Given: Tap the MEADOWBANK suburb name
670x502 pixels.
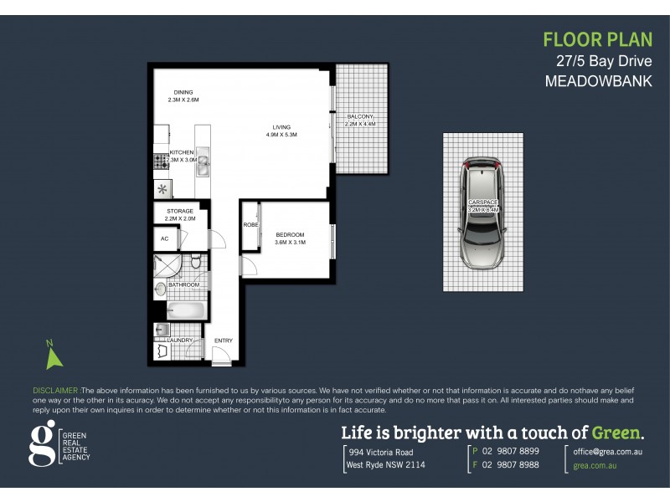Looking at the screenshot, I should pos(598,82).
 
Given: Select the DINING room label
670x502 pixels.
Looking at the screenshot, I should pos(183,92).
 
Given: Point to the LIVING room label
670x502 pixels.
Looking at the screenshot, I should pos(281,127).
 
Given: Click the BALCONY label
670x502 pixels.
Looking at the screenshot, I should pos(360,117).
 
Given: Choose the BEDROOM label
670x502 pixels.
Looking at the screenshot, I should pos(290,235).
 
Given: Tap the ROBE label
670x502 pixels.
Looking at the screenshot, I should pos(250,225).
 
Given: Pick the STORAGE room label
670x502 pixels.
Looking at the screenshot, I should pos(180,211).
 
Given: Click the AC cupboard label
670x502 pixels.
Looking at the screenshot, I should pos(164,238).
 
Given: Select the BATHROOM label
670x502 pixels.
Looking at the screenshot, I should pos(184,285).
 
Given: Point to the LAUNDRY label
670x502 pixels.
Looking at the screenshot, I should pos(181,341).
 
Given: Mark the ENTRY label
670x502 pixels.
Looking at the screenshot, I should pos(224,341).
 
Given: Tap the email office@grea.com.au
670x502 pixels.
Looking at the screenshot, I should pos(607,451).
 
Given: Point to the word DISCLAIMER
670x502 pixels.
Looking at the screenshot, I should pos(55,391).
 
